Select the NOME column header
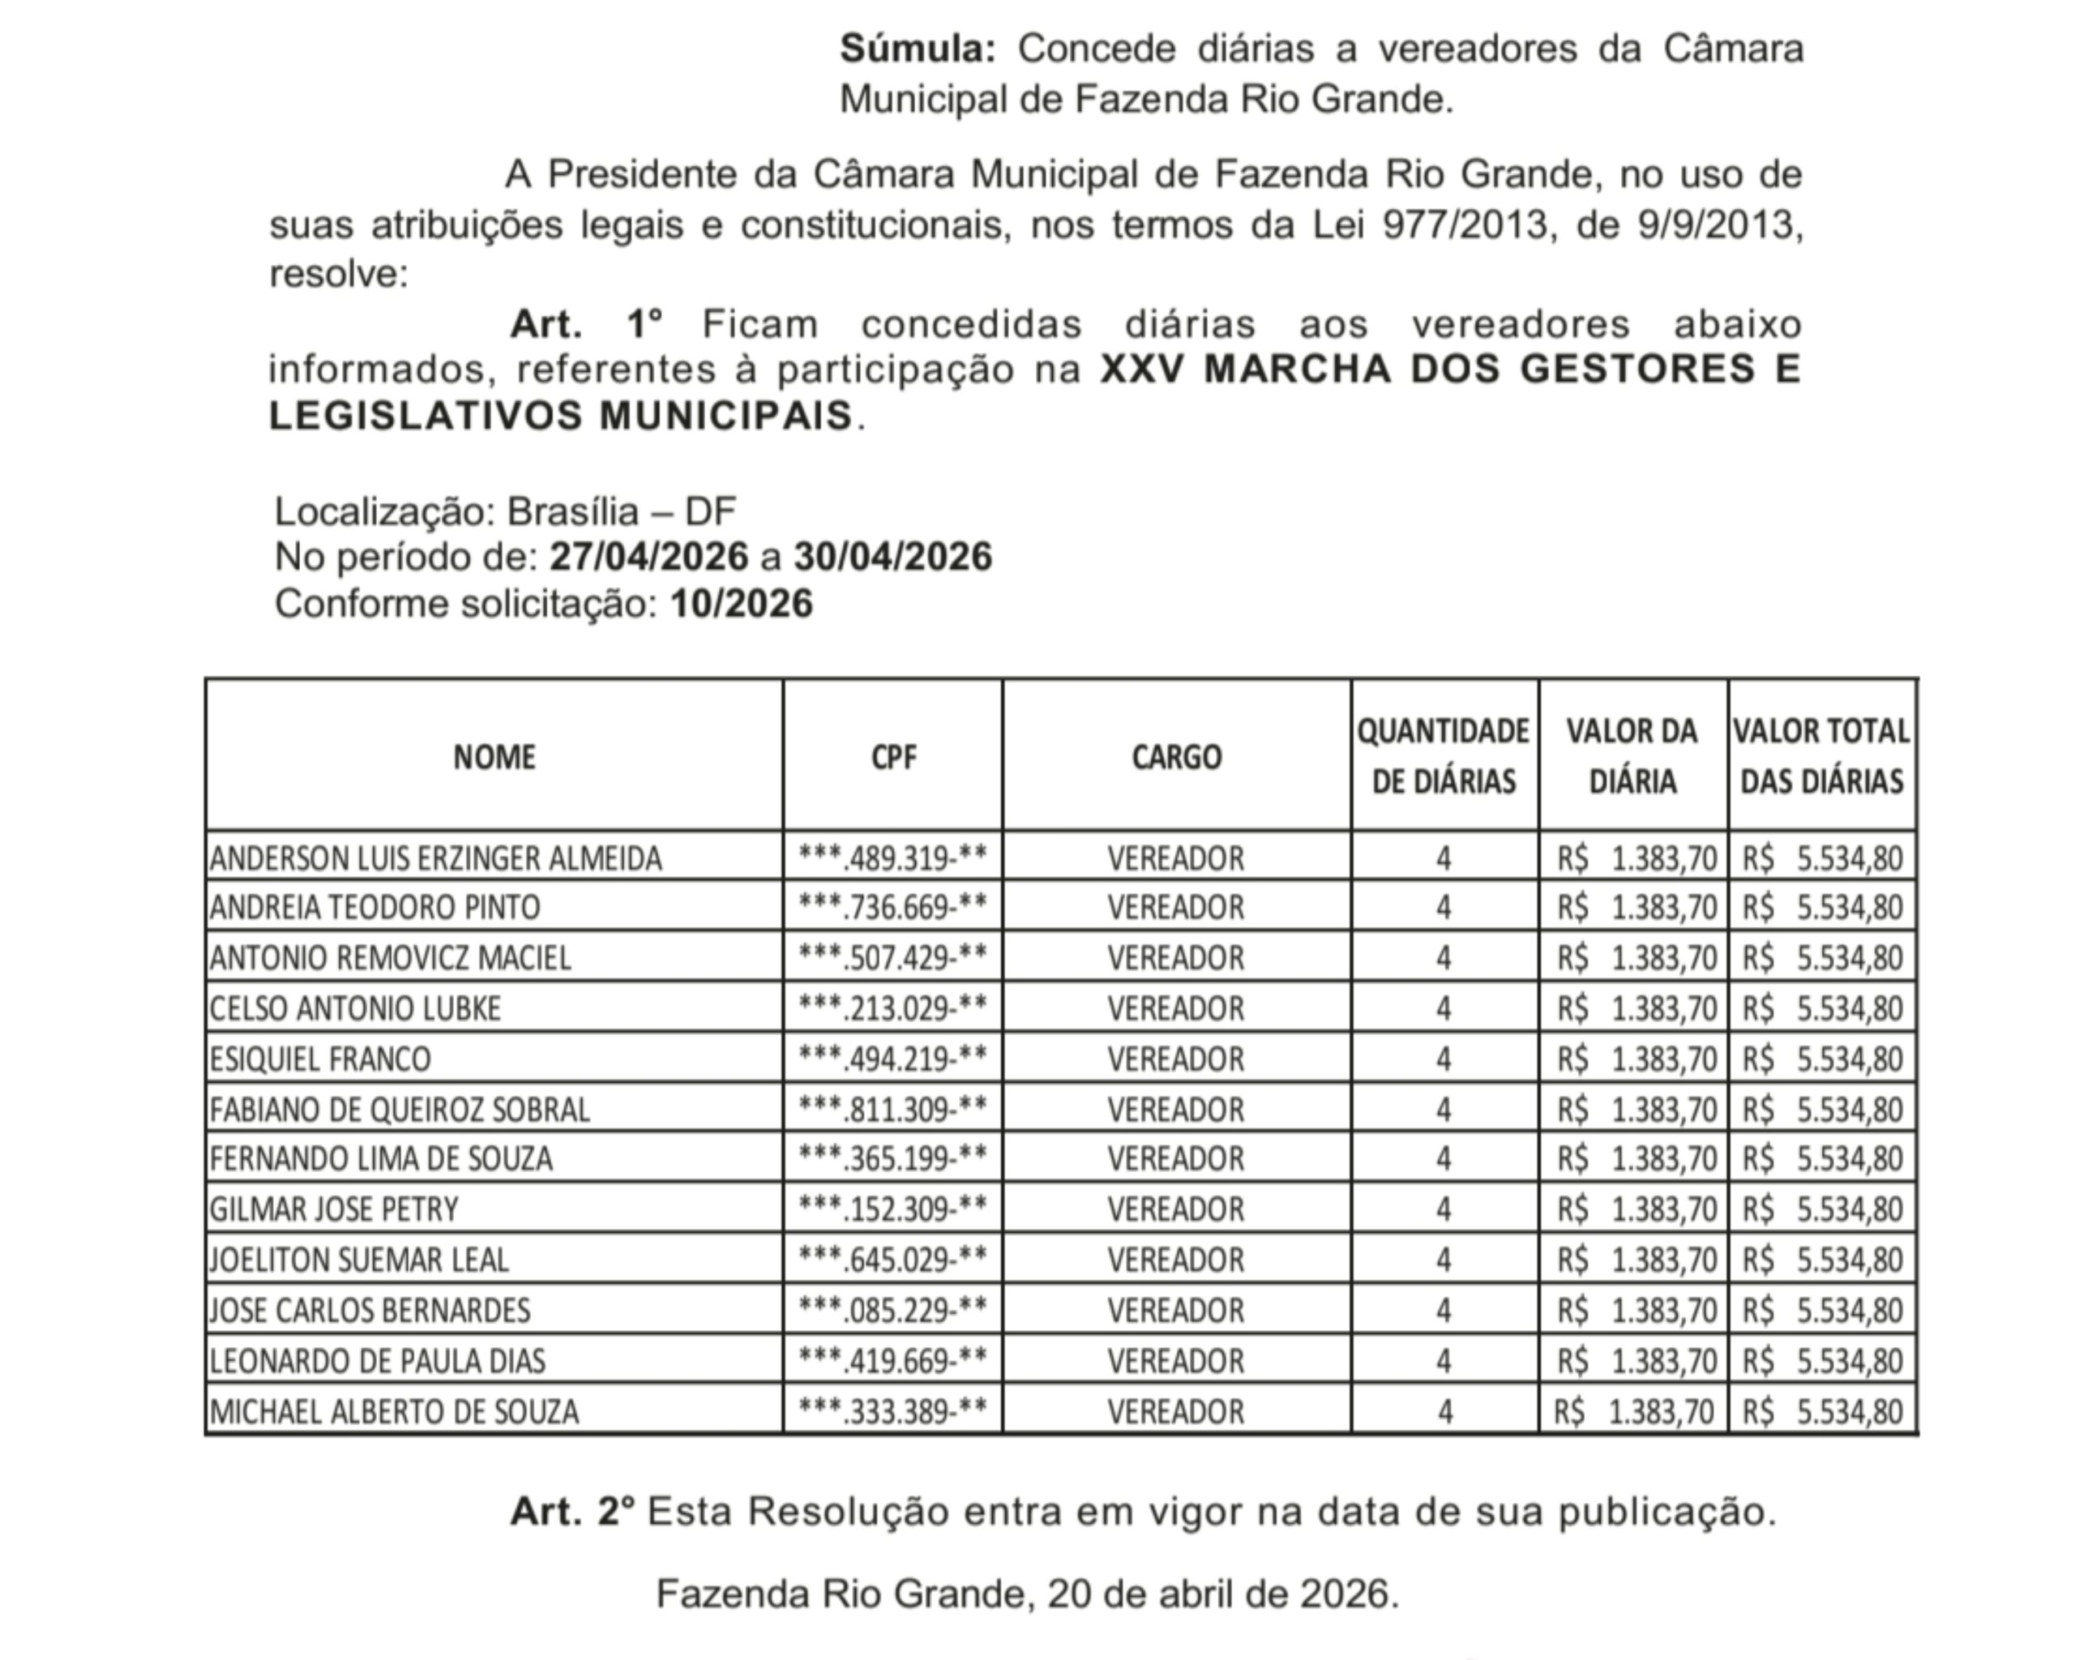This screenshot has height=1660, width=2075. pyautogui.click(x=494, y=757)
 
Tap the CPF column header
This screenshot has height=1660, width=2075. pyautogui.click(x=893, y=757)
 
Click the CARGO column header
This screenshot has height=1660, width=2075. pyautogui.click(x=1176, y=757)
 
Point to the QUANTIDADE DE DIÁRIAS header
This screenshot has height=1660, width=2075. pyautogui.click(x=1443, y=756)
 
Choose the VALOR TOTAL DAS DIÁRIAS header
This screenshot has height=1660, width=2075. pyautogui.click(x=1821, y=756)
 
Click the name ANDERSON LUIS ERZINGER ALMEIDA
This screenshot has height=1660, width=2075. pyautogui.click(x=436, y=858)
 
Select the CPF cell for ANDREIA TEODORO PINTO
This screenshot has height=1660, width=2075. pyautogui.click(x=893, y=908)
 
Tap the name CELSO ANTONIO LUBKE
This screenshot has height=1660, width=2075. pyautogui.click(x=355, y=1008)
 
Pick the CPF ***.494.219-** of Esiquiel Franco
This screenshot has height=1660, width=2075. pyautogui.click(x=893, y=1059)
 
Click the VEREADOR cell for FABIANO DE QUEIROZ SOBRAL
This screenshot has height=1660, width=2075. pyautogui.click(x=1175, y=1110)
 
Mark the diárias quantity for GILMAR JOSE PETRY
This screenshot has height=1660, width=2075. pyautogui.click(x=1443, y=1209)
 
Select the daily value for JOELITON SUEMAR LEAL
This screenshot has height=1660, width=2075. pyautogui.click(x=1636, y=1260)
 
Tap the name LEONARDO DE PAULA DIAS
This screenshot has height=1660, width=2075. pyautogui.click(x=377, y=1361)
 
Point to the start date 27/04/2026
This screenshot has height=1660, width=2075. pyautogui.click(x=648, y=557)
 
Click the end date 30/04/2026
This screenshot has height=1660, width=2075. pyautogui.click(x=892, y=557)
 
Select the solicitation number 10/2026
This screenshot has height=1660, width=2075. pyautogui.click(x=741, y=605)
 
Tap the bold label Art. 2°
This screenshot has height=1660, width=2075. pyautogui.click(x=571, y=1512)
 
